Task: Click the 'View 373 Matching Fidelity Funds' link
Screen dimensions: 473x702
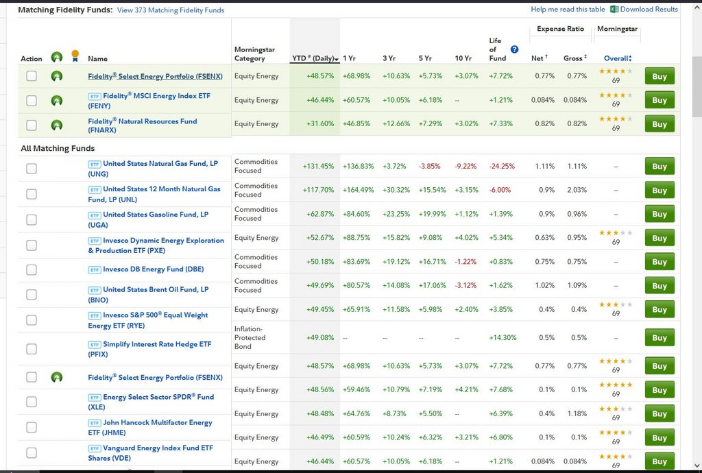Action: click(171, 10)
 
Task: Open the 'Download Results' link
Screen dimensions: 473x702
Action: click(649, 10)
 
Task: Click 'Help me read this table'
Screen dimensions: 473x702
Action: click(568, 10)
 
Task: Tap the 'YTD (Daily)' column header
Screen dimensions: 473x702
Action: click(315, 58)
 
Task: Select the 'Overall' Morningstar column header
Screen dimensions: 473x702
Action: click(617, 58)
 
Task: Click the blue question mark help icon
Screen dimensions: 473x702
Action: click(514, 49)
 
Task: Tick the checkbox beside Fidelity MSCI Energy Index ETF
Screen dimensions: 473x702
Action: click(32, 101)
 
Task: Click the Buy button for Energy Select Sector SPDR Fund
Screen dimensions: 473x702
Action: click(659, 390)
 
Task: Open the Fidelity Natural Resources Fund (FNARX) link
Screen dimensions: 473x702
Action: click(142, 125)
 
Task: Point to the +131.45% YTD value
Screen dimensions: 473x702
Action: click(318, 166)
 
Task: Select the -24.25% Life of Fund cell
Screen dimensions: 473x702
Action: click(501, 166)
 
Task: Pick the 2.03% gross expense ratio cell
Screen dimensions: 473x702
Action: click(577, 190)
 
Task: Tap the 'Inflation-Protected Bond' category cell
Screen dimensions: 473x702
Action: click(250, 337)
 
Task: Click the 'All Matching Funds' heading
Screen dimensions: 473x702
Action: click(58, 148)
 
